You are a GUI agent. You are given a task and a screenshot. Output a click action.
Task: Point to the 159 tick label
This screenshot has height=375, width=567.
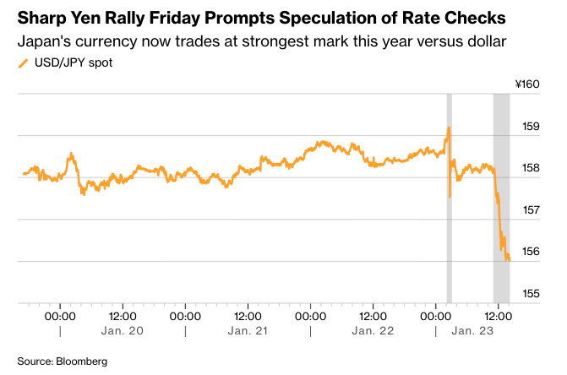[x=530, y=127]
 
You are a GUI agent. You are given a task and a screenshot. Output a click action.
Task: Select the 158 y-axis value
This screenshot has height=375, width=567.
[x=530, y=168]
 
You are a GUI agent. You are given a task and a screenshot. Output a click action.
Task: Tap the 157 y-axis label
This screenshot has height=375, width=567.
[x=530, y=210]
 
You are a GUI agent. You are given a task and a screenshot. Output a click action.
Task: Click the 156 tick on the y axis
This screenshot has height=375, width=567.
[x=530, y=252]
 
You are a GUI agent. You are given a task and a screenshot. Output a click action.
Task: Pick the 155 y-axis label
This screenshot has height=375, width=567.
[x=530, y=294]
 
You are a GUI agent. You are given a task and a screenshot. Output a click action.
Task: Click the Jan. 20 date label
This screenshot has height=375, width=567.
[x=123, y=331]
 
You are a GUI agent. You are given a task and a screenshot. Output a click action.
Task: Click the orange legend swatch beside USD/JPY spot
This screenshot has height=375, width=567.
[x=22, y=62]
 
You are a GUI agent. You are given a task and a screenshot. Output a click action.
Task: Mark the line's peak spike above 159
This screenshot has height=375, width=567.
[x=449, y=128]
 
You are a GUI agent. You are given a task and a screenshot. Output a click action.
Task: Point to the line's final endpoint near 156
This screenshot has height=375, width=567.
[x=509, y=260]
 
